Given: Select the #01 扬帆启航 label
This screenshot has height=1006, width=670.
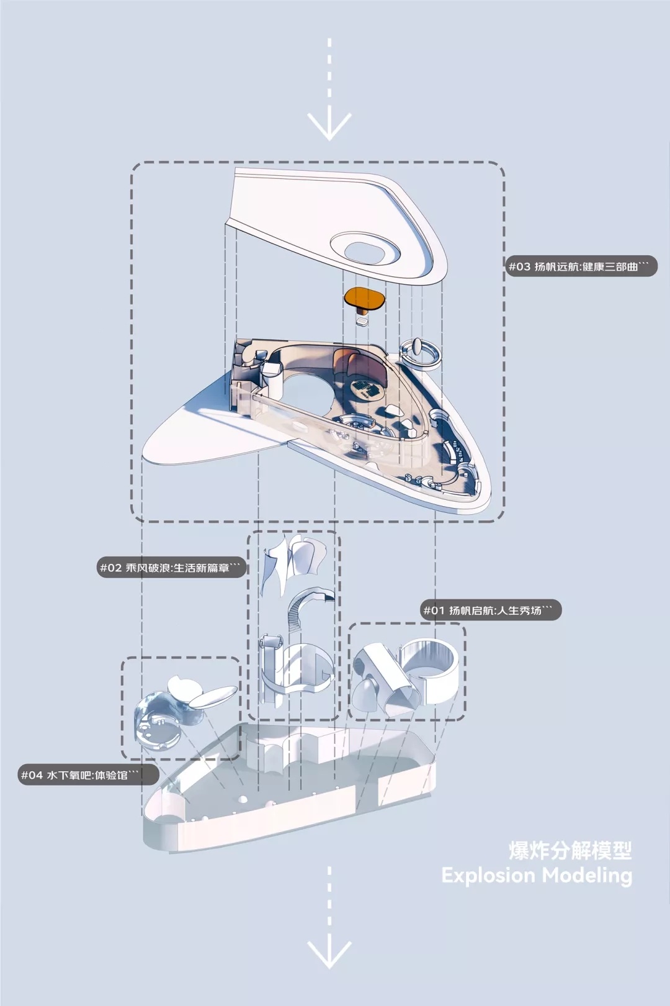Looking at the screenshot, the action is click(491, 610).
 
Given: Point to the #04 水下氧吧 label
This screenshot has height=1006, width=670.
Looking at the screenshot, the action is click(89, 775).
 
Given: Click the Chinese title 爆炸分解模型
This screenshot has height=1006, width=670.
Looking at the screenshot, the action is click(570, 850).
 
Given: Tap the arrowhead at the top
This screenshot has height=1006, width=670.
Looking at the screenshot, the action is click(329, 126).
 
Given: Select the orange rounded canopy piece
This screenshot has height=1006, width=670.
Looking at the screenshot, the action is click(366, 299).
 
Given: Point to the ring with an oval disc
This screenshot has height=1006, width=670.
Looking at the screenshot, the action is click(421, 353).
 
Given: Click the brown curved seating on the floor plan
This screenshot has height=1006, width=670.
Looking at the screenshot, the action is click(354, 361).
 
